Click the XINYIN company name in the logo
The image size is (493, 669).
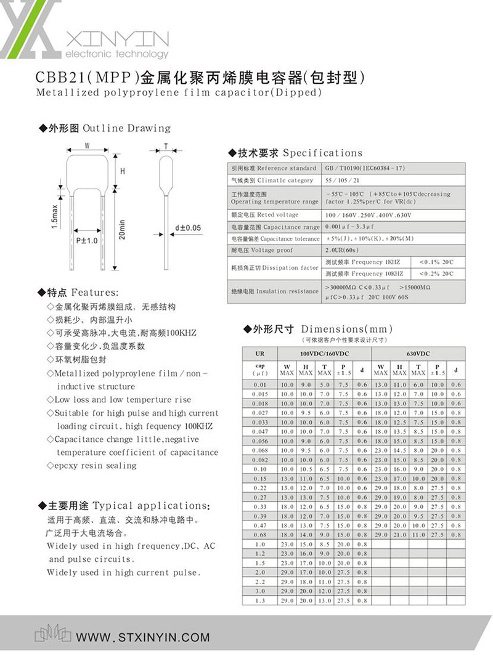coord(116,39)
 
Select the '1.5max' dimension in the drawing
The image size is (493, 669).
coord(55,216)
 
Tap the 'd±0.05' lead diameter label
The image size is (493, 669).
coord(188,228)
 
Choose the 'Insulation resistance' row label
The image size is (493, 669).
coord(275,291)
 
